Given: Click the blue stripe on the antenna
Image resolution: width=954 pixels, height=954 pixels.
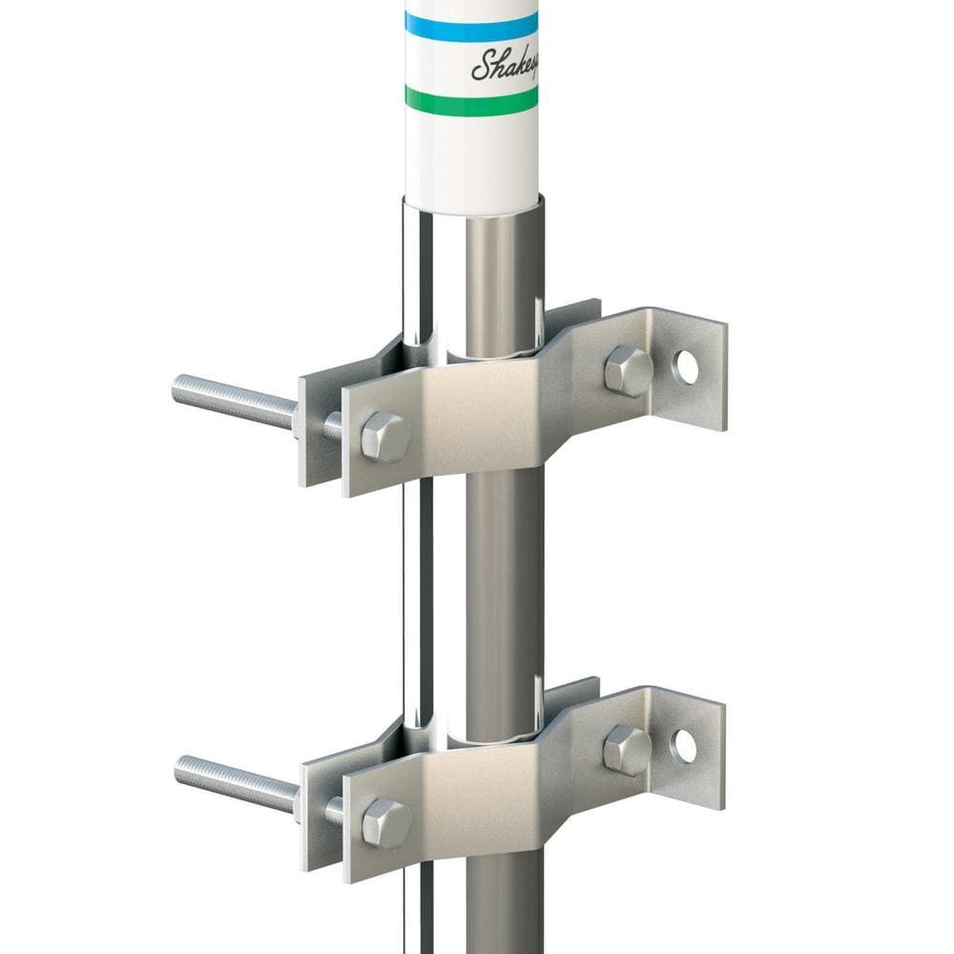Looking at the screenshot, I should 470,27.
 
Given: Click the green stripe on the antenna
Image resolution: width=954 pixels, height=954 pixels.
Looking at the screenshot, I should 470,99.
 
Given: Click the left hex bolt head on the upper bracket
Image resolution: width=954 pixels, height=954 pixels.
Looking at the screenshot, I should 384,437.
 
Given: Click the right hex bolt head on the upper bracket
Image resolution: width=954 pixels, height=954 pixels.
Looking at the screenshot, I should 628,370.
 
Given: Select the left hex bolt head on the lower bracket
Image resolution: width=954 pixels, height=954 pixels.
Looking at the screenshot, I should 386,821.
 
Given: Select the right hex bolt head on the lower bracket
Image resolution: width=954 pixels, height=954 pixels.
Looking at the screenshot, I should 627,749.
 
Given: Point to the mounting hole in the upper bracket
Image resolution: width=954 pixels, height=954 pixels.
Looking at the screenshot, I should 685,367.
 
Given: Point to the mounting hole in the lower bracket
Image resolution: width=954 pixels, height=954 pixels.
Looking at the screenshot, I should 684,746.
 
